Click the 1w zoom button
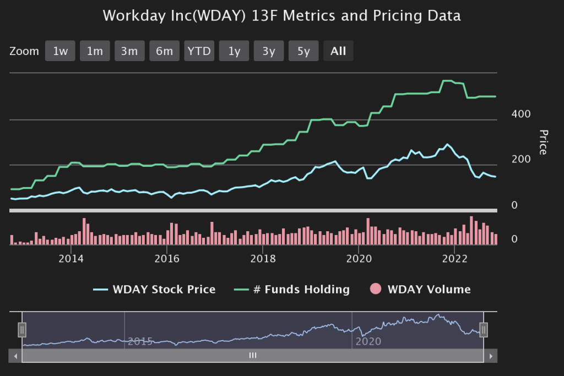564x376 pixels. tap(60, 51)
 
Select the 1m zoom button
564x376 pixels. tap(95, 51)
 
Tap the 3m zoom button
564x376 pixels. tap(129, 51)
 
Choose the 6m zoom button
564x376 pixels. tap(164, 51)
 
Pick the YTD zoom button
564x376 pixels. tap(199, 51)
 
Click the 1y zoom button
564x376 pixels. tap(234, 51)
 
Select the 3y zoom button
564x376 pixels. tap(269, 51)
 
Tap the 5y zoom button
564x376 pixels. tap(303, 51)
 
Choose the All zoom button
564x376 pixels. tap(338, 51)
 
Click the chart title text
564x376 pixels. tap(281, 15)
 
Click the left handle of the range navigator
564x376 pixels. tap(22, 330)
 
